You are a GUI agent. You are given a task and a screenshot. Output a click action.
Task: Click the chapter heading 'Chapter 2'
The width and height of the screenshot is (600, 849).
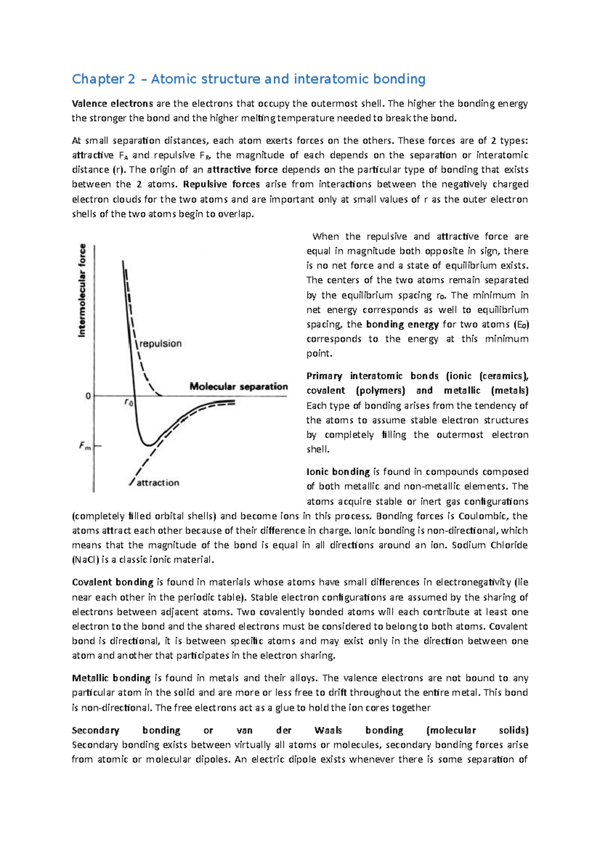click(103, 79)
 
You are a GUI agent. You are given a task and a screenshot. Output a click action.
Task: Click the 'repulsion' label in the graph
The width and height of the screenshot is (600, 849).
click(160, 344)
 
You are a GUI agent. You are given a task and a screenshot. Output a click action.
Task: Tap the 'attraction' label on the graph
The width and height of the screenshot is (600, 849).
click(157, 483)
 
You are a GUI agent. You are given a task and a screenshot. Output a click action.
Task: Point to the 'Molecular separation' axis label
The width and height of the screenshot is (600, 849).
click(238, 386)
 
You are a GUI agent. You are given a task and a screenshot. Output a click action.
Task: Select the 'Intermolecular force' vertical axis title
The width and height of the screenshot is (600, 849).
click(82, 290)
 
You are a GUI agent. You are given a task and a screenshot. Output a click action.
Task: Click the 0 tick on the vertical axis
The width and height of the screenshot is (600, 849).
click(88, 396)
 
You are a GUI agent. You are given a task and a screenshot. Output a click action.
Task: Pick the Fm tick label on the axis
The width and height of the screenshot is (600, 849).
click(85, 445)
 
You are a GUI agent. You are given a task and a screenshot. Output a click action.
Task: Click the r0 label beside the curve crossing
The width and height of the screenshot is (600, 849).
click(128, 402)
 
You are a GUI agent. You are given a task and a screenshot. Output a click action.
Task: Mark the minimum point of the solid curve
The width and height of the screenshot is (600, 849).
click(148, 444)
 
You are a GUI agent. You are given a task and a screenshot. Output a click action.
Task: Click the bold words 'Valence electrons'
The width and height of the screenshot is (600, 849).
click(112, 104)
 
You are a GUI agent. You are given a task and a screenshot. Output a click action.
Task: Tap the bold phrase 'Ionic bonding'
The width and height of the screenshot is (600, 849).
click(338, 472)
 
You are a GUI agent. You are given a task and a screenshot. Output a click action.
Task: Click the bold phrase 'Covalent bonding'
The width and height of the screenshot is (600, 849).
click(112, 582)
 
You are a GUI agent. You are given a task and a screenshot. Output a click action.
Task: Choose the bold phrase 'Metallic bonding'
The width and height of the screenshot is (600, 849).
click(111, 678)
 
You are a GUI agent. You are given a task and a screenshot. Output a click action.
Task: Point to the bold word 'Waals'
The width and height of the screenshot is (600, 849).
click(328, 730)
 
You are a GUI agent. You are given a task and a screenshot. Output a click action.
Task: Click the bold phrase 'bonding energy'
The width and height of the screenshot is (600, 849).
click(402, 324)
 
